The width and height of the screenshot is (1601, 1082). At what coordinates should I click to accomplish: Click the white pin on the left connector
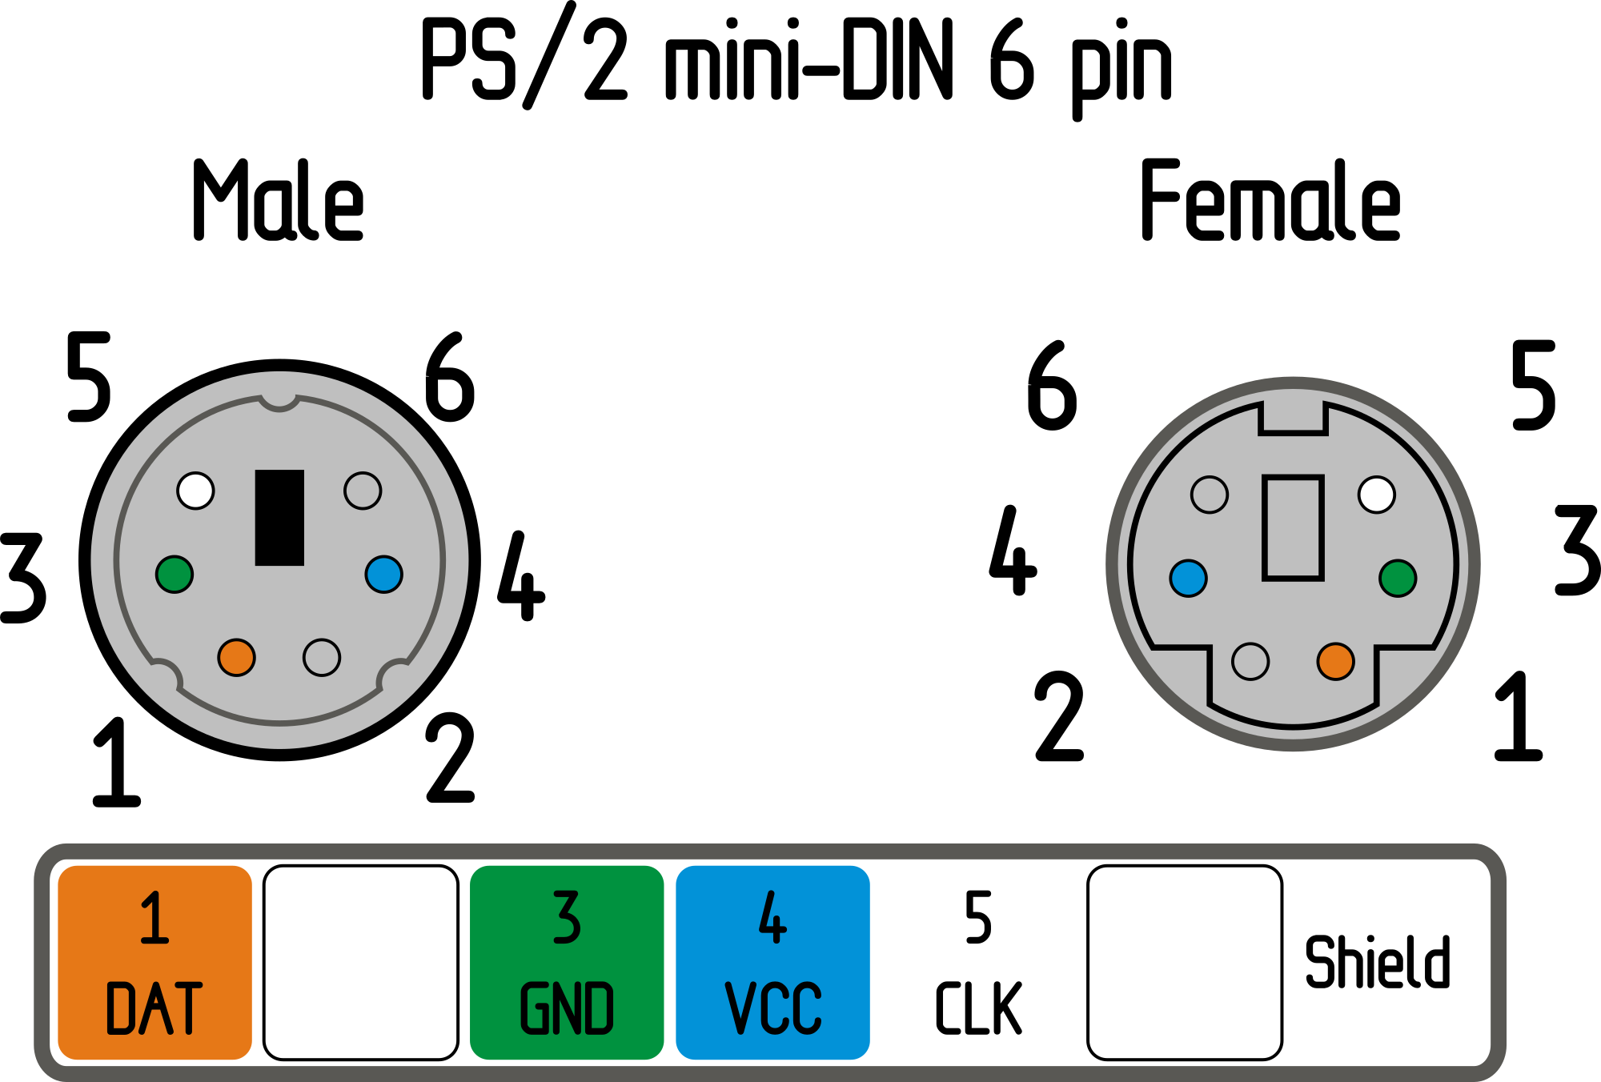pyautogui.click(x=195, y=491)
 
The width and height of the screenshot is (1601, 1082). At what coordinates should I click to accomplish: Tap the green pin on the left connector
pyautogui.click(x=175, y=574)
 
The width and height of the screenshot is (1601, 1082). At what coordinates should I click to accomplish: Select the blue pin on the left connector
pyautogui.click(x=383, y=574)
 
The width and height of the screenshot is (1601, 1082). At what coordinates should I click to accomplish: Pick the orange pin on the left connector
pyautogui.click(x=236, y=657)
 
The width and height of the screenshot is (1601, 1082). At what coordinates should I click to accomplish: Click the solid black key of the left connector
pyautogui.click(x=279, y=517)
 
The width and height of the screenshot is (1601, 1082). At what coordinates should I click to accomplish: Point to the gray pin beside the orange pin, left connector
pyautogui.click(x=322, y=657)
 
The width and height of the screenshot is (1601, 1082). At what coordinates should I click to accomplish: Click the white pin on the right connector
pyautogui.click(x=1377, y=495)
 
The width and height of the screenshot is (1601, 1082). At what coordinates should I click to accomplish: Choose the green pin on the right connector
pyautogui.click(x=1398, y=578)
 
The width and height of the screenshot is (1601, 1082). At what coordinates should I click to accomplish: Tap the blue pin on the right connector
pyautogui.click(x=1188, y=578)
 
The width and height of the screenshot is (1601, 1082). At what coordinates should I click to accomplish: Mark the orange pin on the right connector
pyautogui.click(x=1335, y=661)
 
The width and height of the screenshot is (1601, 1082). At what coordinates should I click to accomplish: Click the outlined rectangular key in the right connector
pyautogui.click(x=1293, y=527)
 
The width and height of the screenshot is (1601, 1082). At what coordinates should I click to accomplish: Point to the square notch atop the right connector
pyautogui.click(x=1293, y=418)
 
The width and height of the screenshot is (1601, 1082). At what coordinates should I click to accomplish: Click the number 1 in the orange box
pyautogui.click(x=154, y=918)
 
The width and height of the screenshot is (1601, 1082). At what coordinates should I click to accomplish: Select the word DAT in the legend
pyautogui.click(x=154, y=1008)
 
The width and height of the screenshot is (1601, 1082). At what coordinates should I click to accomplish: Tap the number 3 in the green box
pyautogui.click(x=567, y=918)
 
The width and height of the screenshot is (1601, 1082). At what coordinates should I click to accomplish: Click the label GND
pyautogui.click(x=567, y=1008)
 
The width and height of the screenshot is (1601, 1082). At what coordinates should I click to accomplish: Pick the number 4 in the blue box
pyautogui.click(x=772, y=918)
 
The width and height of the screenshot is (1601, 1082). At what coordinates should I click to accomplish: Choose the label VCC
pyautogui.click(x=772, y=1008)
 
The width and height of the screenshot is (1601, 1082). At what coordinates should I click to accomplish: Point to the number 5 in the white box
pyautogui.click(x=978, y=918)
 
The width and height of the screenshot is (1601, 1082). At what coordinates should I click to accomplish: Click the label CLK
pyautogui.click(x=978, y=1008)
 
